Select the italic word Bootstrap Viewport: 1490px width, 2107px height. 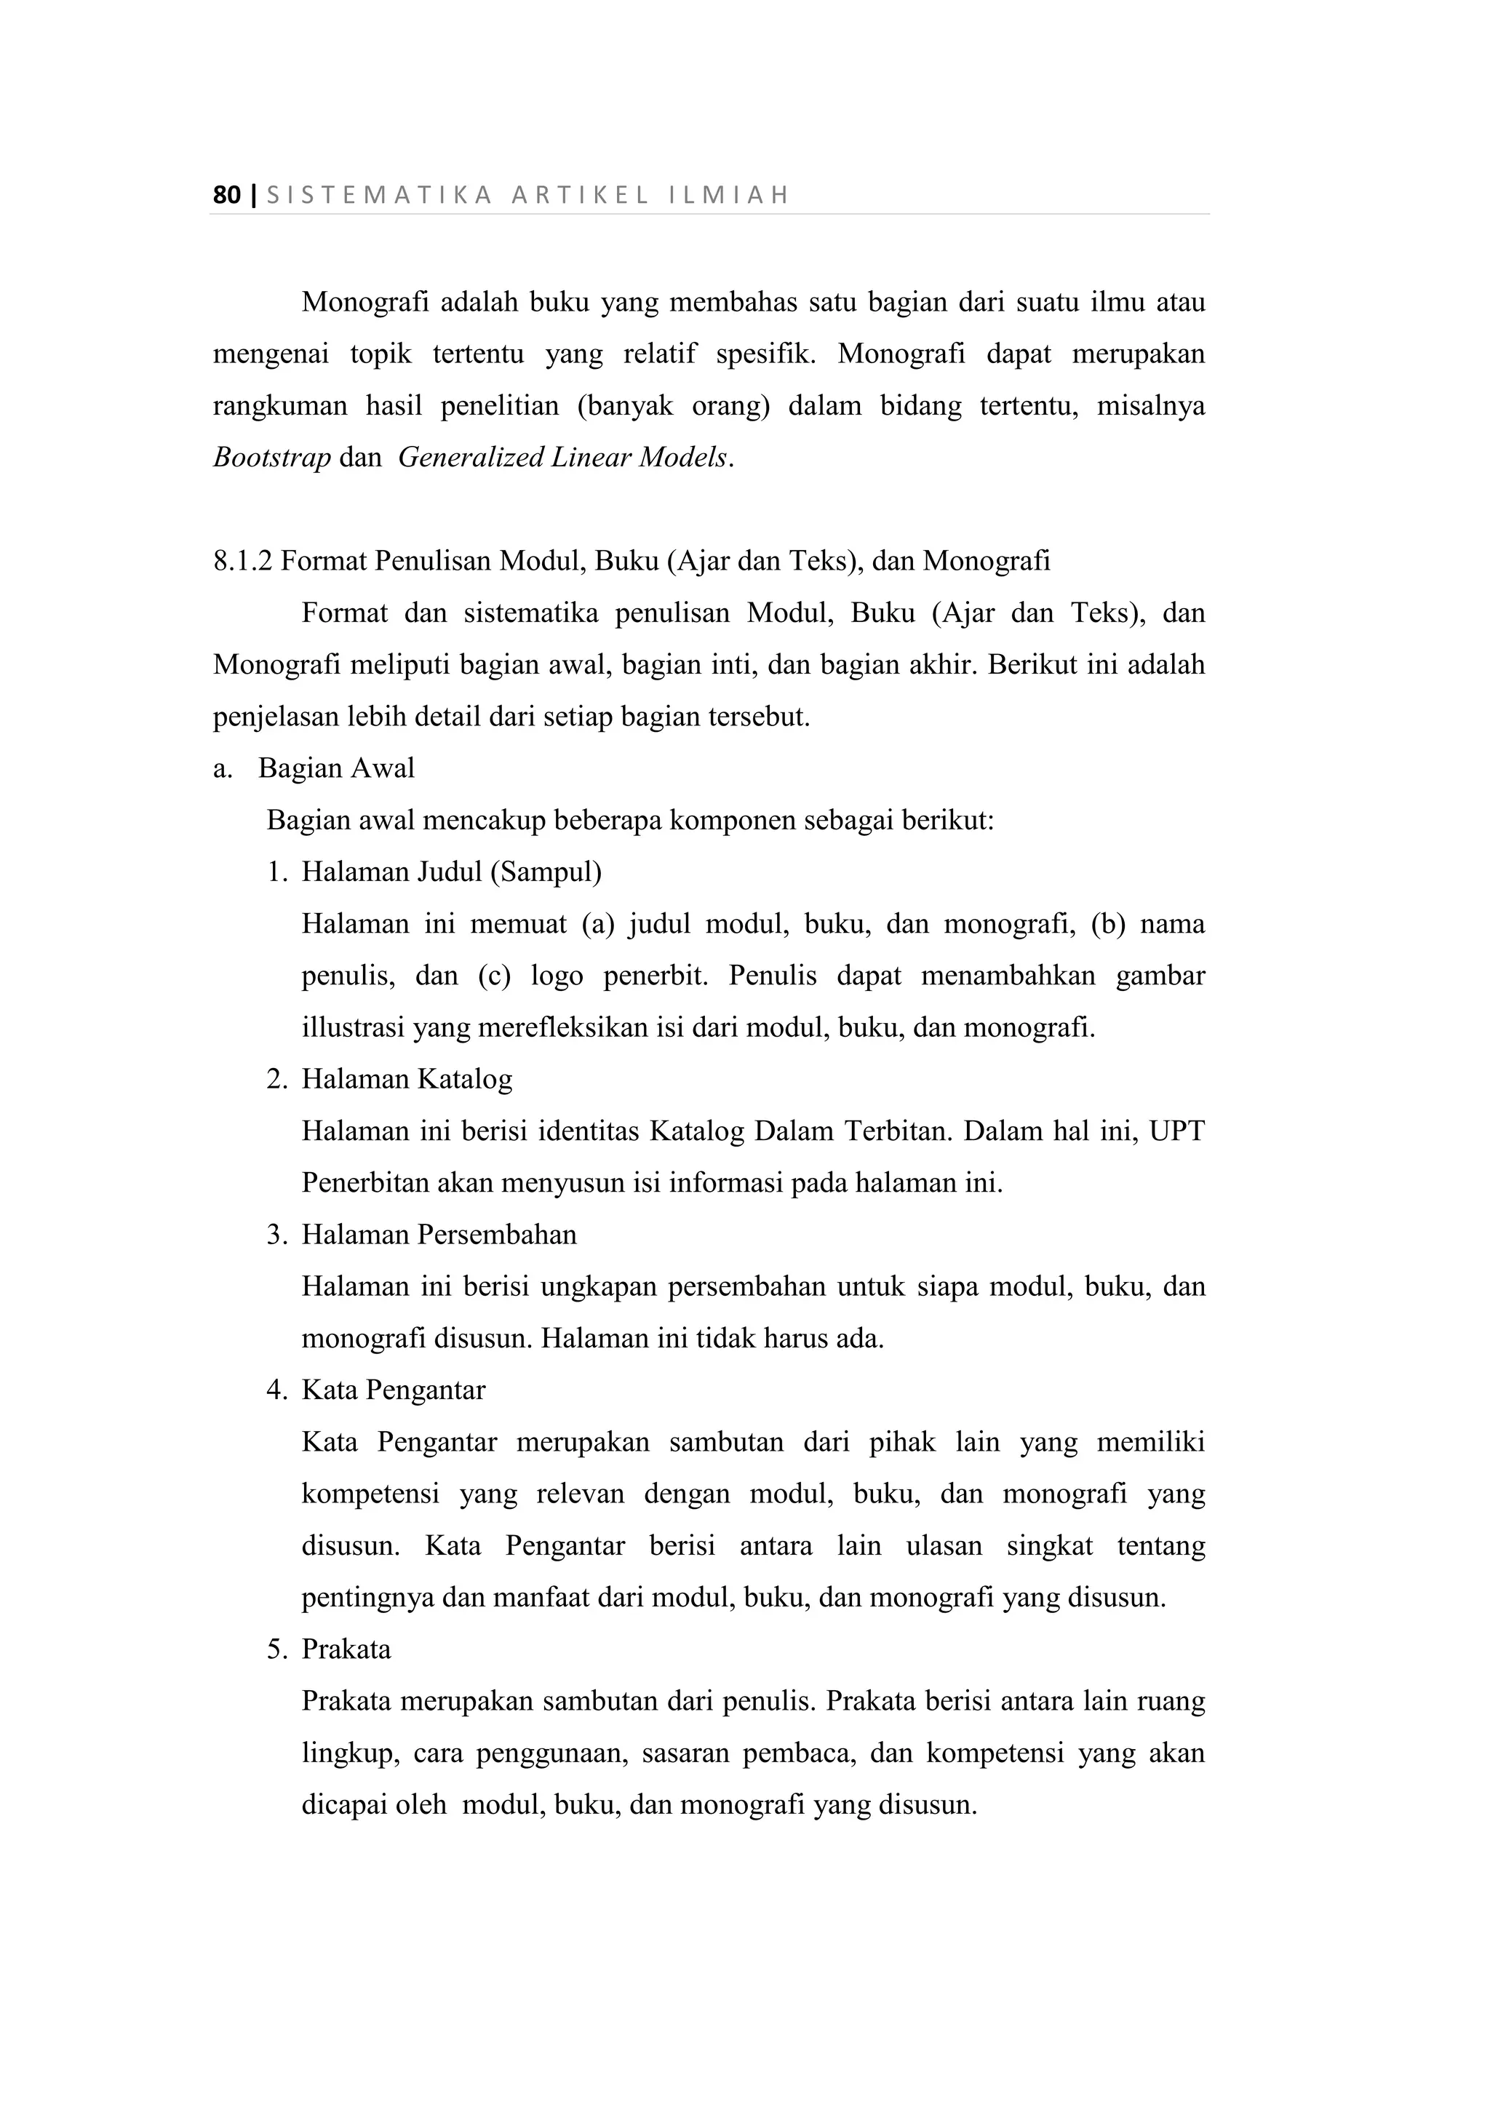[271, 457]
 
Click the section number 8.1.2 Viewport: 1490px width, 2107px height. [242, 561]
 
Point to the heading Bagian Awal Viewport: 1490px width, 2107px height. [336, 768]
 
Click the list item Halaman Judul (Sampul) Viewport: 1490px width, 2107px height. [451, 872]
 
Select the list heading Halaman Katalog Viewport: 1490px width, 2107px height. [407, 1079]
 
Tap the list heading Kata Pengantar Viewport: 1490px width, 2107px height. [393, 1390]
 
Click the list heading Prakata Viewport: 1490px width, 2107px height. [346, 1650]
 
